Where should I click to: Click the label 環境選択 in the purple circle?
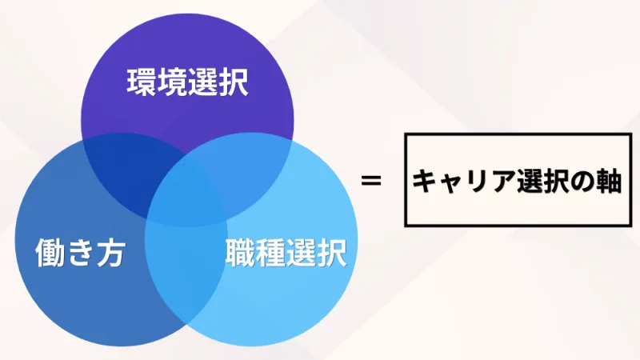pos(187,82)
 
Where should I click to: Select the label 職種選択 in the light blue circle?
pos(285,254)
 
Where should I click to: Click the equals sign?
pos(370,181)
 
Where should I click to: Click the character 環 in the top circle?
pos(142,82)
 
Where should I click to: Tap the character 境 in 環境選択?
pos(172,82)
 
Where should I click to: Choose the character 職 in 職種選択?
pos(239,254)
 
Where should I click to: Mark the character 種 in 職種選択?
pos(270,254)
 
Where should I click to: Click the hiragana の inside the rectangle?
pos(582,182)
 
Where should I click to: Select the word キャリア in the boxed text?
pos(458,182)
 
